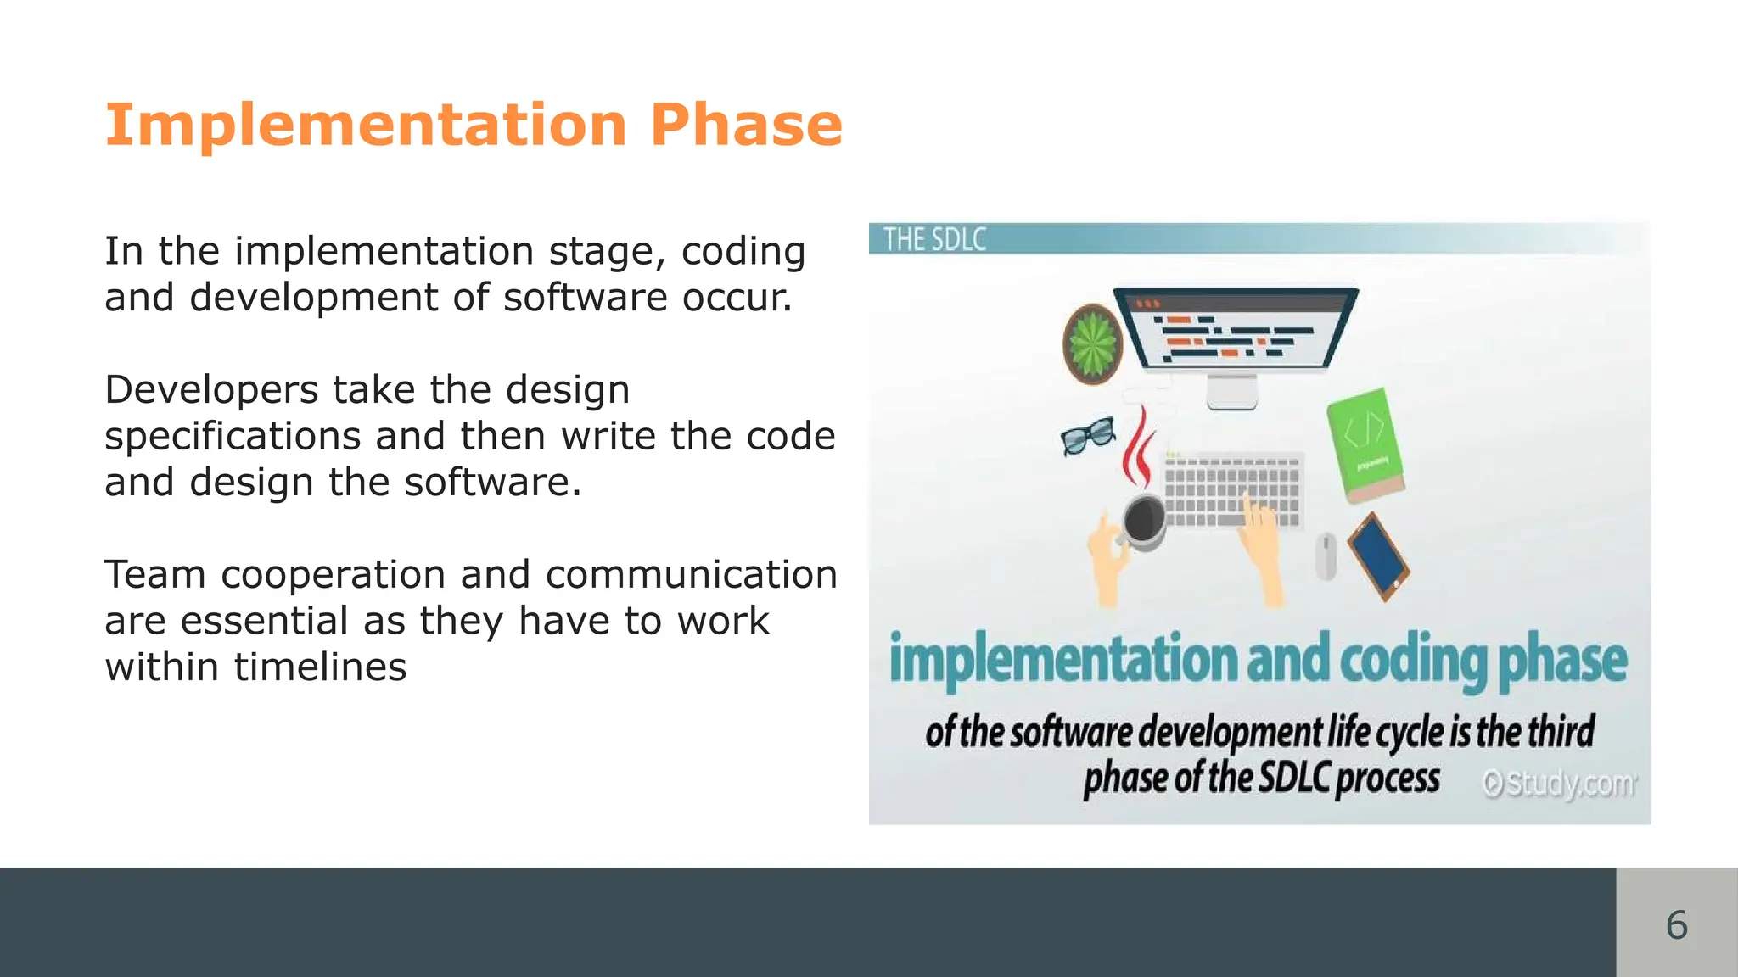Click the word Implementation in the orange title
coord(365,126)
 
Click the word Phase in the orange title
coord(746,126)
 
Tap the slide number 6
coord(1676,924)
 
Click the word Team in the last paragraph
coord(155,575)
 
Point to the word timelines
coord(320,667)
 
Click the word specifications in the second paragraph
coord(233,437)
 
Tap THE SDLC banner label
coord(934,239)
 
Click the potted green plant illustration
coord(1093,343)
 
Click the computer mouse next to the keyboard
coord(1326,555)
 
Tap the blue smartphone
coord(1377,556)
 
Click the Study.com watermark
coord(1560,784)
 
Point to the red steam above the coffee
coord(1138,445)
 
